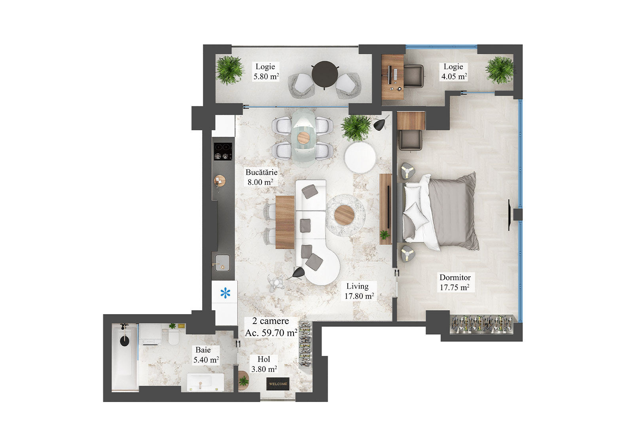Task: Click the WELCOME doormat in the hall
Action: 278,384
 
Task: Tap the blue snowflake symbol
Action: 225,294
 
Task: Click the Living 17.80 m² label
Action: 358,291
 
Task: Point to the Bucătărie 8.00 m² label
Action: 261,177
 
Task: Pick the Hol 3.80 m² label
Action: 264,364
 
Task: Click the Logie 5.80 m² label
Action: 266,72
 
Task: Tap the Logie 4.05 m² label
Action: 454,72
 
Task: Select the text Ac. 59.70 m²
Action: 271,333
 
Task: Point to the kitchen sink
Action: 222,261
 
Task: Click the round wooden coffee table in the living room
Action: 345,215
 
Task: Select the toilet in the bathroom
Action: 174,337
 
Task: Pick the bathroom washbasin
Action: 205,382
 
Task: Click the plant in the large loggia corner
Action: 229,70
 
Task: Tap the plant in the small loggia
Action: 499,70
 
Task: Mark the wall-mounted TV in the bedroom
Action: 510,215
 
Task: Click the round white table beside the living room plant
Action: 360,158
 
